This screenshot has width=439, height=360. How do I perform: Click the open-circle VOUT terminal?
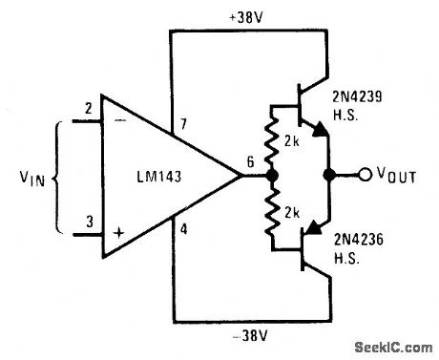coord(364,176)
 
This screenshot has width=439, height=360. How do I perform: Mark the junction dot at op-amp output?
coord(273,177)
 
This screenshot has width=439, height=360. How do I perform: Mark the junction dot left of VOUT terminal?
coord(329,176)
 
